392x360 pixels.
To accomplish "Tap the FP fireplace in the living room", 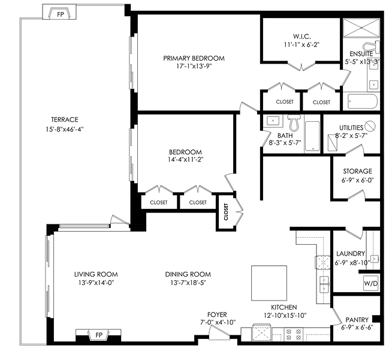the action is click(x=98, y=335).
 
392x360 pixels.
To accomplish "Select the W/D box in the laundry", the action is click(x=371, y=283).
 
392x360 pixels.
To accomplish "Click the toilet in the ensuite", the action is click(x=371, y=47).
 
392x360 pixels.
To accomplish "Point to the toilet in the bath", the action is click(x=294, y=122).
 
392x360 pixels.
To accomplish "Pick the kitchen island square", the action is click(x=269, y=283).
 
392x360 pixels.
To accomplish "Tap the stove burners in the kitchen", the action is click(x=293, y=334).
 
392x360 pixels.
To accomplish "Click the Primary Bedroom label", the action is click(x=194, y=58).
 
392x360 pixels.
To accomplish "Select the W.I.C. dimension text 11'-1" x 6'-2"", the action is click(x=301, y=45).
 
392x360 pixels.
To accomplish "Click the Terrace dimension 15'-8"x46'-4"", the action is click(x=65, y=130).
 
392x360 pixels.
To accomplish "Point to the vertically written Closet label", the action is click(x=226, y=212).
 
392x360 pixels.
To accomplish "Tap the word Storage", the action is click(x=357, y=172).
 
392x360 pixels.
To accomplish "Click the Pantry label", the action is click(x=357, y=320).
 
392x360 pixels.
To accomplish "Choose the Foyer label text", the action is click(x=217, y=314).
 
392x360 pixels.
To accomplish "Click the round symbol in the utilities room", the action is click(x=370, y=126).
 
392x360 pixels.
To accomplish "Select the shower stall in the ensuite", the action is click(x=361, y=28).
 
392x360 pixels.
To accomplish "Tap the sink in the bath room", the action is click(x=273, y=121).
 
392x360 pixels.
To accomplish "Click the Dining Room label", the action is click(x=188, y=274).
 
